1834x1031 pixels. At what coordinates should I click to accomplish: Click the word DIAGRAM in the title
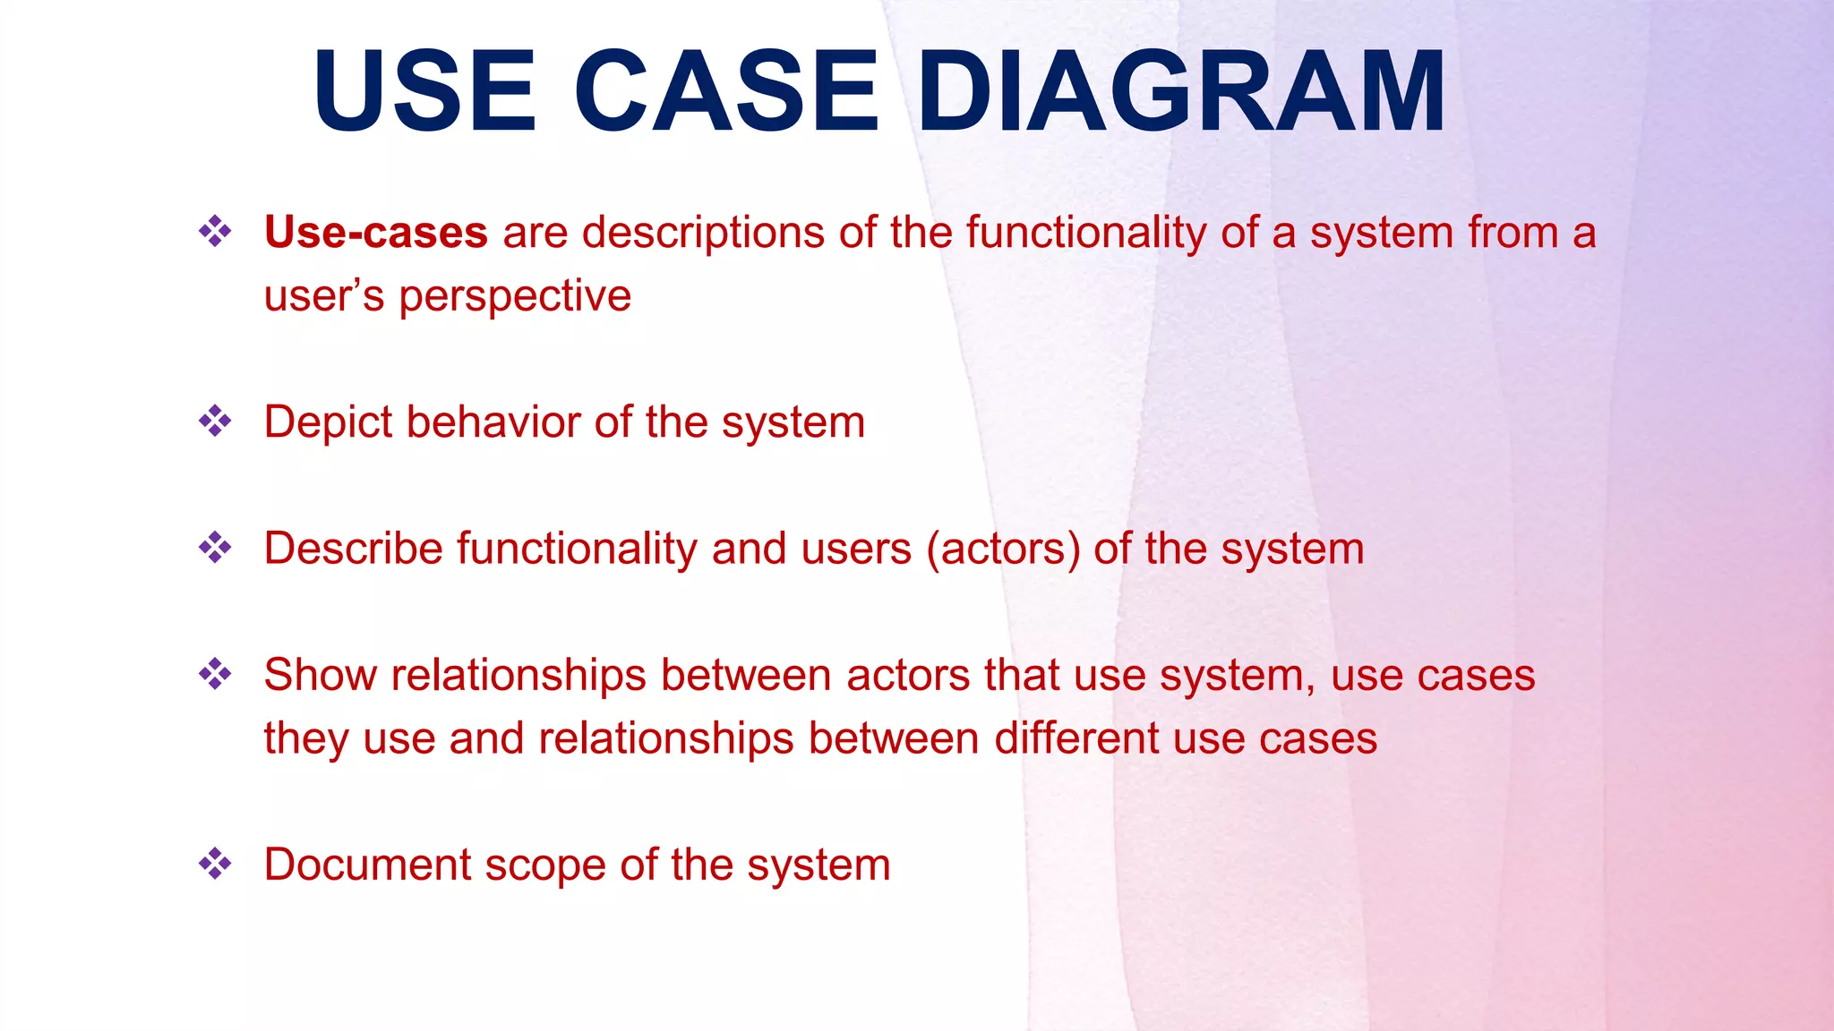[x=1179, y=91]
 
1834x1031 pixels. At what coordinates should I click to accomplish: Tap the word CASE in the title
[x=725, y=91]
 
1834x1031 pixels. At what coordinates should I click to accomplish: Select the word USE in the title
[x=424, y=91]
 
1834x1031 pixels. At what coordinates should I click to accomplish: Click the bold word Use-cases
[x=375, y=233]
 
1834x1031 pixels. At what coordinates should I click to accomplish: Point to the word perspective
[x=515, y=297]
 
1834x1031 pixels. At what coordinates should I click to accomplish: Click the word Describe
[x=353, y=549]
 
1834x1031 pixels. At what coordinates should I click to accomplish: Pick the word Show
[x=320, y=675]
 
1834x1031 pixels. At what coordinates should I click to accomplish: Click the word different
[x=1076, y=739]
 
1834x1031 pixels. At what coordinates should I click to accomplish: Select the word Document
[x=367, y=865]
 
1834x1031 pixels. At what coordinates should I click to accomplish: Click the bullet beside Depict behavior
[x=215, y=421]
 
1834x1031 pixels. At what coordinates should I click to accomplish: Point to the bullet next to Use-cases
[x=215, y=232]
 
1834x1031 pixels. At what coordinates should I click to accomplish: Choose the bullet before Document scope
[x=215, y=864]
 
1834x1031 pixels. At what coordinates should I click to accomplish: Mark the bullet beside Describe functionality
[x=215, y=548]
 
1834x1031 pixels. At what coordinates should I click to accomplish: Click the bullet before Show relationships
[x=215, y=674]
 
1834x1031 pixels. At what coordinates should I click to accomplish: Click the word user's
[x=324, y=297]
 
